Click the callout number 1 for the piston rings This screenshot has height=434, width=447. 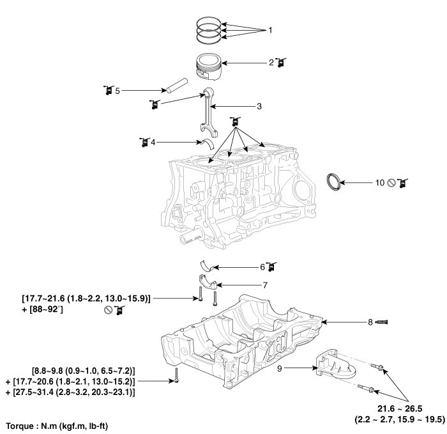pos(270,30)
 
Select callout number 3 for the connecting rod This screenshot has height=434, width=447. pos(259,106)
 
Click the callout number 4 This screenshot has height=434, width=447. pos(152,141)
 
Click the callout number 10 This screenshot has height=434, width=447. pos(379,183)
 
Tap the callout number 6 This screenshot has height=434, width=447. pos(262,266)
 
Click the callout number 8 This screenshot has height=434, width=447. pos(370,323)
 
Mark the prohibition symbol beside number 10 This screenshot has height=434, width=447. pos(391,183)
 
